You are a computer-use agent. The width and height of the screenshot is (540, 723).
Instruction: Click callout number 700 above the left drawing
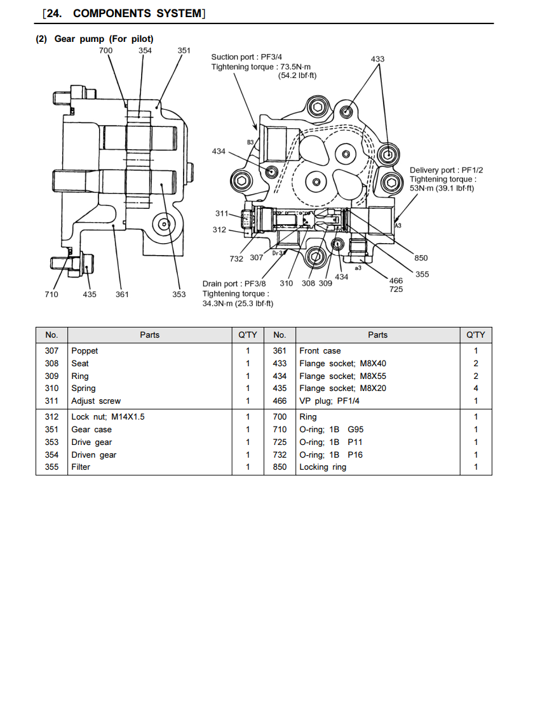105,50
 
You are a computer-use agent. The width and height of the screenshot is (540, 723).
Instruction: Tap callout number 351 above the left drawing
184,50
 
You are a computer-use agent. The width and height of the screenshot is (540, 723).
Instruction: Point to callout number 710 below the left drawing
51,294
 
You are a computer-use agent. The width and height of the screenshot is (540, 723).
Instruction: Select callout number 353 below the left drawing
179,294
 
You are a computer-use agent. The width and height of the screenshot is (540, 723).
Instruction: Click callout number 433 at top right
377,59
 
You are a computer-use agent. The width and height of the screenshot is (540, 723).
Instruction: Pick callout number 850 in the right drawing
421,258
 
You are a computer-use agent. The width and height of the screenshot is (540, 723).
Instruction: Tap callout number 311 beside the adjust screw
222,213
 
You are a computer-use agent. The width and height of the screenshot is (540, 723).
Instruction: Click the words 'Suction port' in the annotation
233,56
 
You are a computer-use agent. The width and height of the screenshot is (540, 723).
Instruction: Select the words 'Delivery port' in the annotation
433,170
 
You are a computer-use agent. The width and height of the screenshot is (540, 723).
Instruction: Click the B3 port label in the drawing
250,142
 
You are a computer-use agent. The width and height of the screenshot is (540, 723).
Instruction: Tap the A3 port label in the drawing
398,225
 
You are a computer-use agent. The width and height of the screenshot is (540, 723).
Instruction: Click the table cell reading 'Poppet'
84,351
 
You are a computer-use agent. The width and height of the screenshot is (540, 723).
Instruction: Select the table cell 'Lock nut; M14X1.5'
108,417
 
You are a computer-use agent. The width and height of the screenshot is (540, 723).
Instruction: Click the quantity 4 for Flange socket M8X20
476,388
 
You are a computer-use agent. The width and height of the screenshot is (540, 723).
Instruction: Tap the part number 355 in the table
51,467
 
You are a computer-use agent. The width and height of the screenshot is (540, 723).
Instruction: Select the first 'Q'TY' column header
247,335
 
